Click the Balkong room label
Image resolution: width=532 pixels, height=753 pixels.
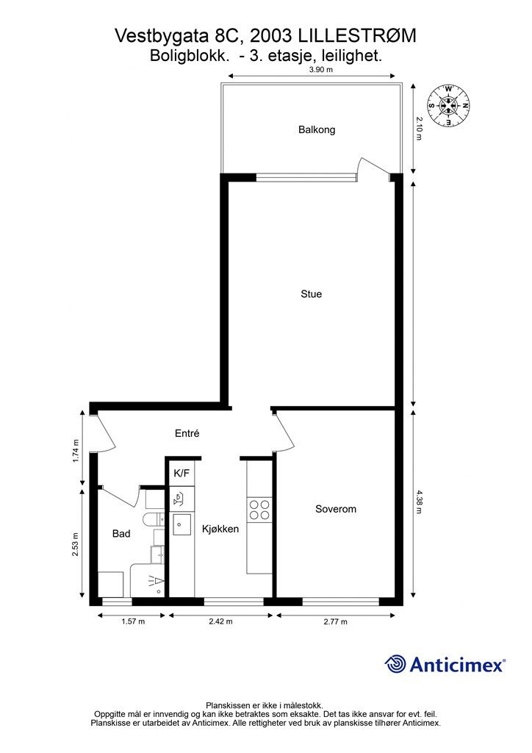tap(317, 130)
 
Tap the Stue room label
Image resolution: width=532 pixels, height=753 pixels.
tap(311, 294)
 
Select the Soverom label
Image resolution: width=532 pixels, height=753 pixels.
tap(336, 509)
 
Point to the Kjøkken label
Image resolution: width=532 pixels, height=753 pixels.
tap(220, 528)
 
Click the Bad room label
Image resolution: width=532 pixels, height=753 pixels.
tap(121, 534)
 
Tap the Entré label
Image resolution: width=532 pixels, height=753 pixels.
tap(187, 434)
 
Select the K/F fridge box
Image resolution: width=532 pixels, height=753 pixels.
tap(181, 474)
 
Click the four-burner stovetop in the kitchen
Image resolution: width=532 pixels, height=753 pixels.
tap(259, 510)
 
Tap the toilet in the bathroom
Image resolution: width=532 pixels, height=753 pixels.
tap(152, 521)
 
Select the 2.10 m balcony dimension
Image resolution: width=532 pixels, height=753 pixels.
tap(420, 129)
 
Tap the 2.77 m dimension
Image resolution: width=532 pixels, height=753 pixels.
tap(334, 622)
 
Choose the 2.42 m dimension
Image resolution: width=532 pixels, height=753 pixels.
tap(220, 622)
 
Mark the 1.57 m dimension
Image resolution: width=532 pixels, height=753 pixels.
tap(132, 622)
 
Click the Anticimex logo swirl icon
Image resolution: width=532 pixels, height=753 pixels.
tap(396, 664)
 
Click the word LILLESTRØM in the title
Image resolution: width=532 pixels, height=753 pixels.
tap(352, 35)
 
